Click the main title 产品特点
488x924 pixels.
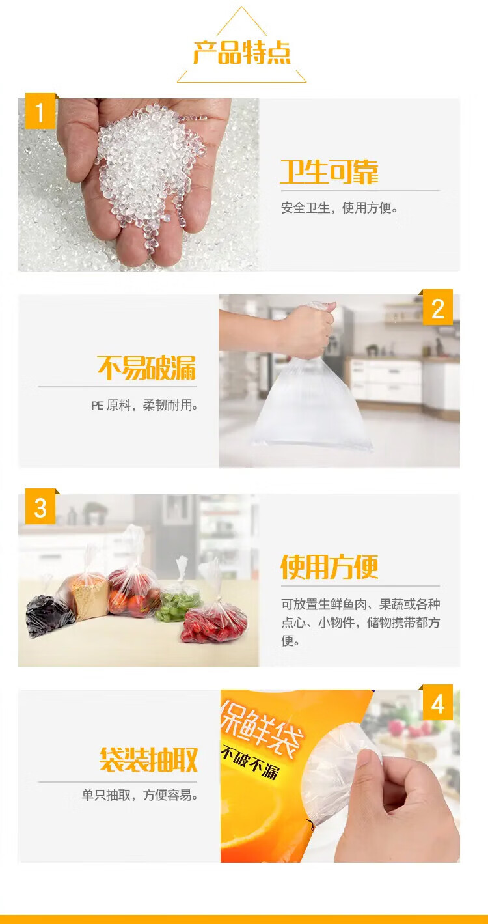[x=242, y=53]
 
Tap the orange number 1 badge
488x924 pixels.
[x=40, y=111]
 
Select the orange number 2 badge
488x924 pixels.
[x=438, y=308]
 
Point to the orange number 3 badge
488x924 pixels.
[x=40, y=507]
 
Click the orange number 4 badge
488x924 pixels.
[x=438, y=703]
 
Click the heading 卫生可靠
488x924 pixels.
[x=329, y=172]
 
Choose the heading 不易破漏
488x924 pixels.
[x=147, y=367]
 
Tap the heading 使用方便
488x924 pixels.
[x=329, y=567]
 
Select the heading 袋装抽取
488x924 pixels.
[x=148, y=759]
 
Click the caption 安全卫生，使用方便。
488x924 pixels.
[x=340, y=208]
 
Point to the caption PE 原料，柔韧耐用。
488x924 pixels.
[x=144, y=406]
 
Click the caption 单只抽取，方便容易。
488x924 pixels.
[x=140, y=794]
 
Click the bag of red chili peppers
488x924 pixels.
[x=214, y=615]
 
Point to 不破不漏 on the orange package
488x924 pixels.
[x=250, y=763]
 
